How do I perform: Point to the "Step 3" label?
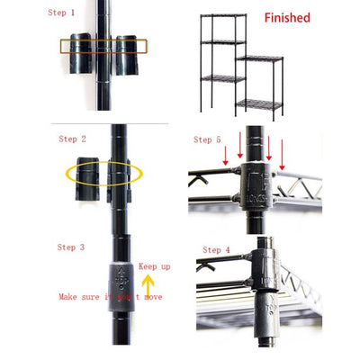(71, 247)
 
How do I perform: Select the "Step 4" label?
(217, 249)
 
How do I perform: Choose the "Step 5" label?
(208, 139)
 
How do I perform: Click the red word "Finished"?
(288, 18)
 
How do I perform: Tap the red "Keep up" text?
(153, 266)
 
